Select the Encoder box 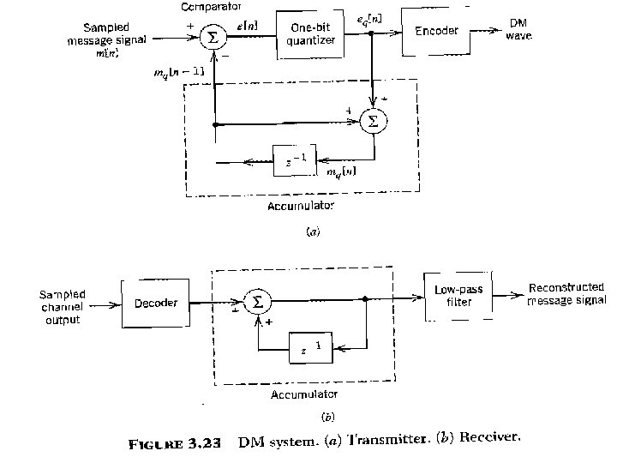tap(436, 32)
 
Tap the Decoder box tap(155, 304)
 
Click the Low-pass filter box tap(458, 296)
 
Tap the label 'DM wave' tap(519, 28)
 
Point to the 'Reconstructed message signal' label tap(566, 294)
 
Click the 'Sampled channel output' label tap(63, 307)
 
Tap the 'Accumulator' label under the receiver tap(304, 395)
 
